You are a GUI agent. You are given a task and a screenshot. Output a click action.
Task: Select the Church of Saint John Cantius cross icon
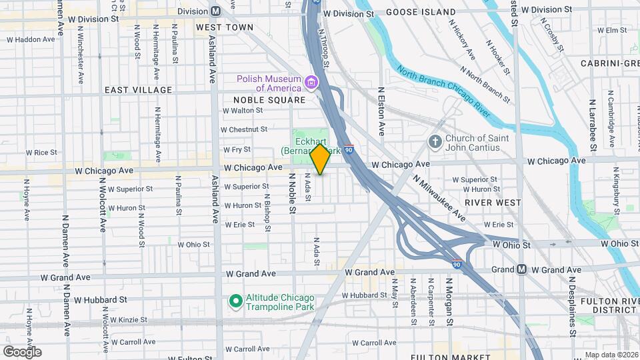[x=435, y=142]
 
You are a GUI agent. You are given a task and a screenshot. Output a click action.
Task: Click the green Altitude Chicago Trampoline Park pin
[x=235, y=301]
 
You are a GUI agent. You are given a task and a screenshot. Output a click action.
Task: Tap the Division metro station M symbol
[x=215, y=11]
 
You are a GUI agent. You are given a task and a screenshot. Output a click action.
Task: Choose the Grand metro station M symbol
[x=521, y=269]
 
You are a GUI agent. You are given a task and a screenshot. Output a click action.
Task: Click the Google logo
[x=22, y=351]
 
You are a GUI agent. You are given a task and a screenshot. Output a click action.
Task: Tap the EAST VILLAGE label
[x=138, y=89]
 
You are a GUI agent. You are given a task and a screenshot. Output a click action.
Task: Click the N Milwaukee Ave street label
[x=439, y=199]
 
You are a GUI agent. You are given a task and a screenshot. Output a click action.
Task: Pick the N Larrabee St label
[x=591, y=127]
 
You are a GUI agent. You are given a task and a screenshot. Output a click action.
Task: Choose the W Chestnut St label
[x=244, y=129]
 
